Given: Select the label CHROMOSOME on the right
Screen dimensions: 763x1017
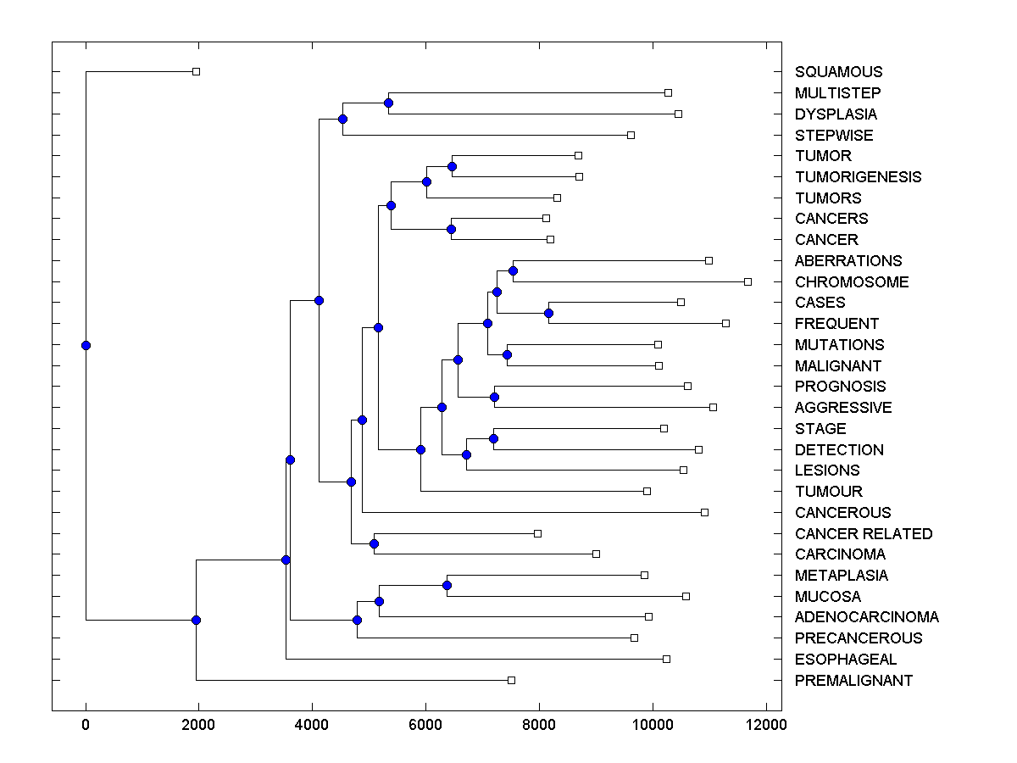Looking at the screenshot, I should [852, 281].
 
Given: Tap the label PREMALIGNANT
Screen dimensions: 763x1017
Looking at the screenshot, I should [853, 680].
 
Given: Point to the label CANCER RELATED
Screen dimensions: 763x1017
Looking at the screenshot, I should [864, 533].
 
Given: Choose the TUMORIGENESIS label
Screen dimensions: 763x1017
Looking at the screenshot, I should [858, 177].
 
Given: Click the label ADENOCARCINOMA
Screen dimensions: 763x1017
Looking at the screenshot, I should [866, 617].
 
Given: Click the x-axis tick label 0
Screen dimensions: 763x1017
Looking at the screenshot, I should [86, 725].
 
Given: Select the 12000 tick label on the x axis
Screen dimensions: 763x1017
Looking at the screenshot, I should [766, 725].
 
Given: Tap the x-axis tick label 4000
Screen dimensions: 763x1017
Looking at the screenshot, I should [312, 725].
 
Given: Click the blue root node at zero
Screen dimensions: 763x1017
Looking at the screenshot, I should [86, 345].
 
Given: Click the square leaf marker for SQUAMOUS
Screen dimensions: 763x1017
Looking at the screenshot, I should [196, 72].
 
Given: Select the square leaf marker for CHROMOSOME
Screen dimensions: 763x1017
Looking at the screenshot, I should [747, 281].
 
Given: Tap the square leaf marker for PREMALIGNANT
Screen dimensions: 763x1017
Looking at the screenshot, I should [511, 680].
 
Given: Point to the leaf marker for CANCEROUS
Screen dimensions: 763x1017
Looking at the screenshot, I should [704, 512].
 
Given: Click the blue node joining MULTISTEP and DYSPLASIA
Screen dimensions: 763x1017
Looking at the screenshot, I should [388, 103].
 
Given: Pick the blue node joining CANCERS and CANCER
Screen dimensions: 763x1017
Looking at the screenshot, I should [451, 229].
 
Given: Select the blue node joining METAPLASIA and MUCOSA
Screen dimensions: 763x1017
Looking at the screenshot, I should [447, 585].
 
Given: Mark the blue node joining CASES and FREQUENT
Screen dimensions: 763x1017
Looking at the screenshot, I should [548, 313].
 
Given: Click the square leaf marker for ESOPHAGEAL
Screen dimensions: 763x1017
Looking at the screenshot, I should [666, 659].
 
